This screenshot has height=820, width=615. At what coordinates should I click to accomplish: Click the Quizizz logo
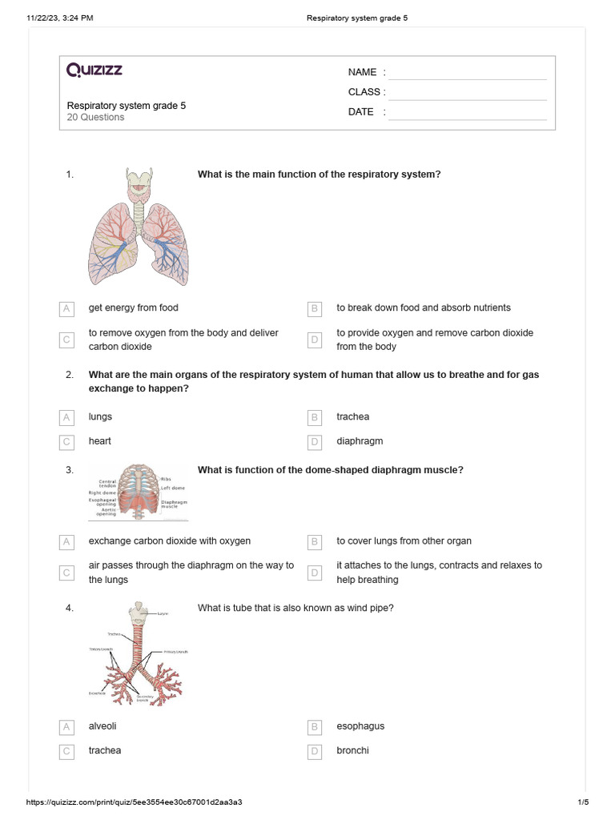tap(94, 70)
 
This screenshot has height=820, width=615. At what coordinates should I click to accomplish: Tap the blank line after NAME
tap(467, 73)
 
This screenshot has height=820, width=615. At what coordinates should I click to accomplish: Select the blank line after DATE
tap(467, 113)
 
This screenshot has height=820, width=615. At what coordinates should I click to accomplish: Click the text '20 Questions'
tap(95, 118)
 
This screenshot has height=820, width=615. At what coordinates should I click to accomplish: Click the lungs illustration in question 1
tap(139, 227)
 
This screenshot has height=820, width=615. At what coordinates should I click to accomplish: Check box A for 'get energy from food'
tap(67, 308)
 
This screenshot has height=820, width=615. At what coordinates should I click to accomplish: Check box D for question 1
tap(316, 340)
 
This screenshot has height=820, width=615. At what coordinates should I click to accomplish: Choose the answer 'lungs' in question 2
tap(100, 417)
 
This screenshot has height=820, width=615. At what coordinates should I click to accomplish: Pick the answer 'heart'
tap(99, 441)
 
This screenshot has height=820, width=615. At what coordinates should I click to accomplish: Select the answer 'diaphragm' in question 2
tap(360, 441)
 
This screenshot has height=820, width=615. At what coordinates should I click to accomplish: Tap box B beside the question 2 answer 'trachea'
tap(316, 417)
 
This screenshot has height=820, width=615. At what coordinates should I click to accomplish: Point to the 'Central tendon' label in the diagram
tap(107, 484)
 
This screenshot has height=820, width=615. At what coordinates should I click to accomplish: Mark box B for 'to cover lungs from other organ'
tap(316, 542)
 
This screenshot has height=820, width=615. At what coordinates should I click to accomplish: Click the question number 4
tap(70, 609)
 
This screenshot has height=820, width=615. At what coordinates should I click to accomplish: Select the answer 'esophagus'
tap(360, 726)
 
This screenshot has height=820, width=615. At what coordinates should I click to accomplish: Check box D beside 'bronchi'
tap(316, 751)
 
